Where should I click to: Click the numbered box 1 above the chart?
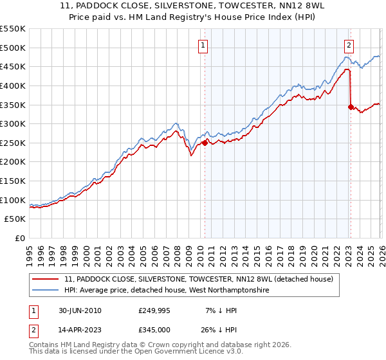click(203, 46)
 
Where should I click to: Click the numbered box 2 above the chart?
click(349, 46)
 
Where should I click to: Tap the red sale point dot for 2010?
click(205, 143)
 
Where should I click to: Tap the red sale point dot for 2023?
click(351, 107)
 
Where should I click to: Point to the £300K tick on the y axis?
click(14, 123)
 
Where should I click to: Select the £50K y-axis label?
click(16, 219)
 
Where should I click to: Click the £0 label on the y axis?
click(21, 239)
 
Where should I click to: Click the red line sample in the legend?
click(46, 280)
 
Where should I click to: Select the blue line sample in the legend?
click(46, 291)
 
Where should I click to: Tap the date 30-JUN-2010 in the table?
click(79, 310)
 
